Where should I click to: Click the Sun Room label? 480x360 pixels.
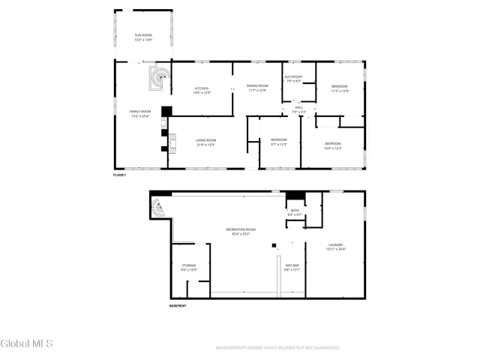tap(142, 37)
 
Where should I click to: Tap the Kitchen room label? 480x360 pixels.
tap(202, 90)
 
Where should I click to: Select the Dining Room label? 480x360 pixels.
tap(257, 88)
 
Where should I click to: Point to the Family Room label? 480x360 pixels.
tap(140, 113)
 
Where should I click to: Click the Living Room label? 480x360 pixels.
tap(206, 142)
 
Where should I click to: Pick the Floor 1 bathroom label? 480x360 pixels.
tap(293, 79)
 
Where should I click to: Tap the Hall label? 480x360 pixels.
tap(298, 109)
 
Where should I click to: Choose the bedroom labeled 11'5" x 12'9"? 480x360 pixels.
tap(340, 88)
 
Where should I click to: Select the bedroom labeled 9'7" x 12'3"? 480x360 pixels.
tap(279, 142)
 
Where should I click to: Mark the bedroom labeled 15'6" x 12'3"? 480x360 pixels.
tap(333, 145)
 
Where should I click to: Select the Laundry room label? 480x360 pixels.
tap(337, 247)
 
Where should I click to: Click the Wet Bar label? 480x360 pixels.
tap(292, 268)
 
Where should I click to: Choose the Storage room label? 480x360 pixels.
tap(189, 267)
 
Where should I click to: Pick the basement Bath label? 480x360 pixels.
tap(295, 212)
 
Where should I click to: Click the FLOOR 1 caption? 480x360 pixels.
tap(120, 175)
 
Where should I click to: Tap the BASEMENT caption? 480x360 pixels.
tap(178, 305)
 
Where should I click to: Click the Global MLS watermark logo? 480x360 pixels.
tap(27, 344)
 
